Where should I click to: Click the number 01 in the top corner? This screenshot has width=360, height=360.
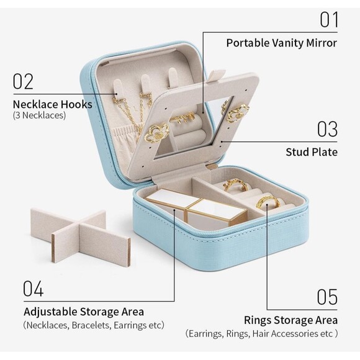tap(329, 20)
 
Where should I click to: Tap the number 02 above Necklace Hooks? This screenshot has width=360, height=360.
tap(23, 81)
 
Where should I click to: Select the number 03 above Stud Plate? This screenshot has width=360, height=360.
tap(327, 129)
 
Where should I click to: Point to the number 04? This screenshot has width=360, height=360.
tap(34, 289)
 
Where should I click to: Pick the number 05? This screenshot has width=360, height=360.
tap(327, 297)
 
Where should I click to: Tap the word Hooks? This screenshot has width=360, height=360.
tap(76, 104)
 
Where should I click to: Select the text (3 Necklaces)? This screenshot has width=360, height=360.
tap(39, 115)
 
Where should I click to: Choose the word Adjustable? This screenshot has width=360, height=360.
tap(50, 312)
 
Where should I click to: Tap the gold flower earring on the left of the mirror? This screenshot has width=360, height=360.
tap(156, 133)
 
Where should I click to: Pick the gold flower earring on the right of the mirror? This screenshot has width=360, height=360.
tap(238, 113)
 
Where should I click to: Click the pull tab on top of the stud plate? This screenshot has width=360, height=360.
tap(217, 75)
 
